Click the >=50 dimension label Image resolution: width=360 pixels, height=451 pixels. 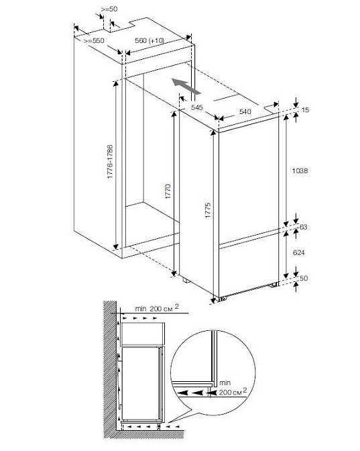pos(109,9)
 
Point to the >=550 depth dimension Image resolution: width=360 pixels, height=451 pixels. pos(94,41)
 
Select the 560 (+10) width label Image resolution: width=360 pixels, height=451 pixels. pos(149,40)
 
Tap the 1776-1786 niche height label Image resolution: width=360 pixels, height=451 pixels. pos(111,162)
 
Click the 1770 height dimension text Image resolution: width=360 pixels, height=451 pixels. pos(168,191)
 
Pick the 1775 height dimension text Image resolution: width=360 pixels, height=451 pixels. pos(208,210)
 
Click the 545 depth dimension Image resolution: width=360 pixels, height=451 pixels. pos(197,107)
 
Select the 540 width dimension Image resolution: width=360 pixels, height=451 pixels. pos(245,111)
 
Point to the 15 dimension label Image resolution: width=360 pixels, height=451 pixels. pos(306,110)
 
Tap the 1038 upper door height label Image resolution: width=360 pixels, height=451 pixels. pos(300,171)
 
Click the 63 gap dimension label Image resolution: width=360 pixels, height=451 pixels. pos(304,227)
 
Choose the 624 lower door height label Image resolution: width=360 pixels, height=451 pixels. pos(299,252)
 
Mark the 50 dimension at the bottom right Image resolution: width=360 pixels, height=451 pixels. pos(304,278)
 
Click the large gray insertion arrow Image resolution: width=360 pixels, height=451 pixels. pos(186,86)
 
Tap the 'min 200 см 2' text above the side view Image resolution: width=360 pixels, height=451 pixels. pos(157,308)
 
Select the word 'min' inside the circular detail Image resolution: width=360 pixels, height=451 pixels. pos(225,383)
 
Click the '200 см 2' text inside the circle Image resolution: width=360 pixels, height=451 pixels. pos(233,391)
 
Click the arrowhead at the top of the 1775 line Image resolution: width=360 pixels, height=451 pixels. pos(213,133)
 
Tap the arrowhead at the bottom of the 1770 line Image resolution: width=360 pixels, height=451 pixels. pos(174,272)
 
